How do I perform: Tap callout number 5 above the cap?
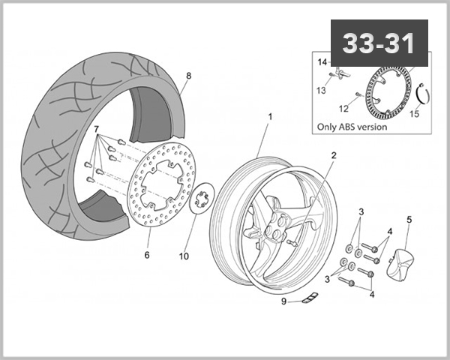(409, 220)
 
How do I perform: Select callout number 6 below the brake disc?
(147, 255)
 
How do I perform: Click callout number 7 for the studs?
(97, 130)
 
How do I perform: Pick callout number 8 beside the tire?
(188, 75)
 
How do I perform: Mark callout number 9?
(284, 302)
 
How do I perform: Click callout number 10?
(183, 256)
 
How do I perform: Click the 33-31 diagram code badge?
(379, 43)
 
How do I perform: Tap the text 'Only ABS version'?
(352, 127)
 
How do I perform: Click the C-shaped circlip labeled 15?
(422, 94)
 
